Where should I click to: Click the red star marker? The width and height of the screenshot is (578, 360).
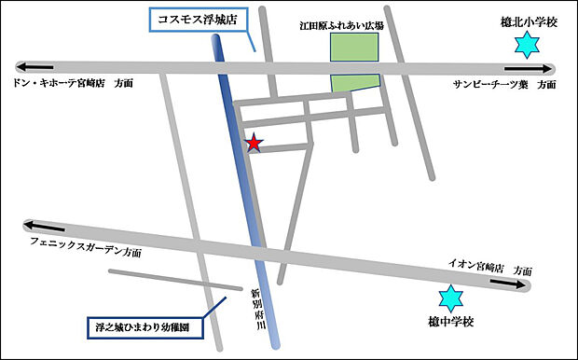coord(253,143)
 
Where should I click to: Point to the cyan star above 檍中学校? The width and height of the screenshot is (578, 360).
coord(450,299)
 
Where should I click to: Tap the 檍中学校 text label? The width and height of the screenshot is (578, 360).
coord(451,323)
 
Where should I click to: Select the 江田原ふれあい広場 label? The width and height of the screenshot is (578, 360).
coord(355,26)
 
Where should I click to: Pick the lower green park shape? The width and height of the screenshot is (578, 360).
coord(356,83)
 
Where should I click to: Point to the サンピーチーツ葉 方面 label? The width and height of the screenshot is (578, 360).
coord(504,84)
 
